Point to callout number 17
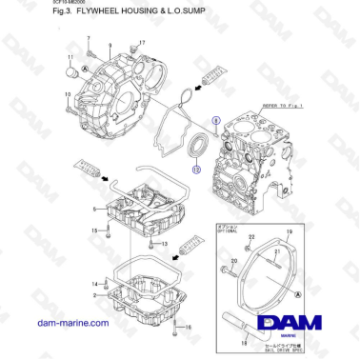pyautogui.click(x=142, y=43)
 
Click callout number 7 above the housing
pyautogui.click(x=88, y=39)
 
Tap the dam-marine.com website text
pyautogui.click(x=72, y=324)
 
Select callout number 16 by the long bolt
pyautogui.click(x=189, y=328)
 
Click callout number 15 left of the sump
pyautogui.click(x=94, y=230)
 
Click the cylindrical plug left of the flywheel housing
pyautogui.click(x=70, y=70)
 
